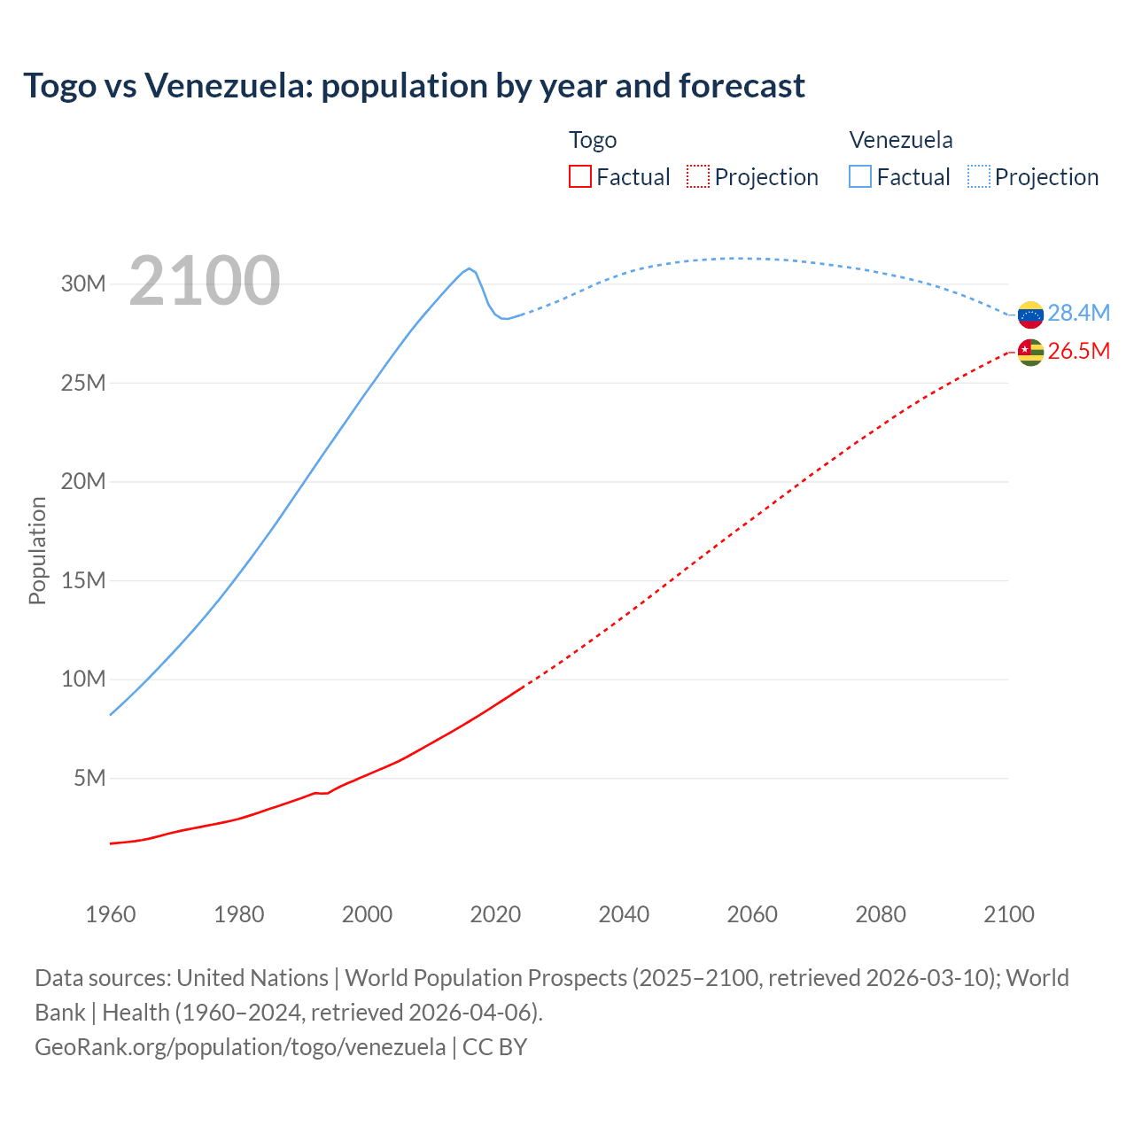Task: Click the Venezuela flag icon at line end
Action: (1030, 315)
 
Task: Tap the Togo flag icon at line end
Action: (1030, 353)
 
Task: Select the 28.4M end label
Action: (1078, 313)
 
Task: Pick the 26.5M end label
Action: (1078, 352)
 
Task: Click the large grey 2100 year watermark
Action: (205, 281)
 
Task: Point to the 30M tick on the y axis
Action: (83, 284)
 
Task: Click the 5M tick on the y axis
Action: (89, 779)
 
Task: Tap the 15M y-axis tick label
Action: (83, 581)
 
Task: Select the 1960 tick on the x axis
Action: (111, 914)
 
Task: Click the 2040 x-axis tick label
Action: (624, 914)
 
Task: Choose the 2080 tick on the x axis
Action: (881, 914)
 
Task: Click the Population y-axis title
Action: (37, 550)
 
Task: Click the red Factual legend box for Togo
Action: (580, 176)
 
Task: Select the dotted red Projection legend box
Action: (698, 176)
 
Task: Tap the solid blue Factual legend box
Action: (860, 176)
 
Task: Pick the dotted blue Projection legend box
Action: (979, 176)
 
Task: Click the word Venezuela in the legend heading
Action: (901, 140)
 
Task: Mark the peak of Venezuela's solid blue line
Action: (469, 268)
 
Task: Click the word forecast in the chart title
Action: (742, 86)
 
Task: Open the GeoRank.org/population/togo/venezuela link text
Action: (240, 1047)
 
